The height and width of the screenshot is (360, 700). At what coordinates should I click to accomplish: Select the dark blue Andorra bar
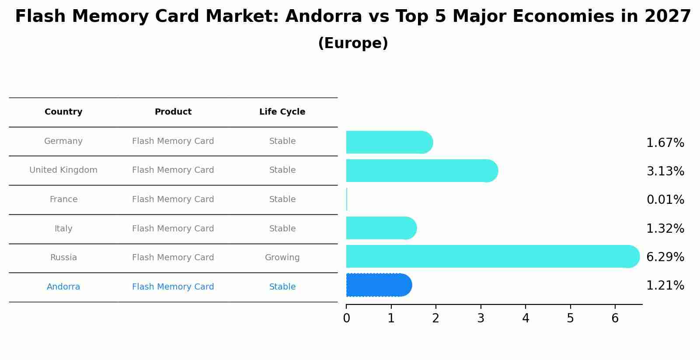[x=378, y=285]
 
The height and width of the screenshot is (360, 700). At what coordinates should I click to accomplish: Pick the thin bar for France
[x=347, y=199]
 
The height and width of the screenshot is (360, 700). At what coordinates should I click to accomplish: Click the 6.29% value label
[x=665, y=257]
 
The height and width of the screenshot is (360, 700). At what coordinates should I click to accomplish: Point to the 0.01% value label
[x=665, y=200]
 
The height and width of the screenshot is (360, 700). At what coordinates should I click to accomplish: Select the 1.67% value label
[x=665, y=143]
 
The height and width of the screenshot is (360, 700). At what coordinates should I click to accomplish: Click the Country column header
[x=63, y=112]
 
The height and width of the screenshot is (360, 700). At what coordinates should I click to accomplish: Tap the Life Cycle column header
[x=282, y=112]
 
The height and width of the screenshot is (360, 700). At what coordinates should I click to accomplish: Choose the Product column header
[x=173, y=112]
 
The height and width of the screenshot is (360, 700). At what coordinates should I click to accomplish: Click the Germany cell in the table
[x=63, y=141]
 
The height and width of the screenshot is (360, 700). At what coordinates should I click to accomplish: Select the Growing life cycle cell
[x=282, y=258]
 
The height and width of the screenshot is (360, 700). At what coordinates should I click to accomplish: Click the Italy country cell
[x=63, y=229]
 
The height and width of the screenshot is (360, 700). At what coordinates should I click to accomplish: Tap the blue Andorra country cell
[x=63, y=287]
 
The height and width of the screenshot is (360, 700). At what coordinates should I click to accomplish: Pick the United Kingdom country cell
[x=63, y=170]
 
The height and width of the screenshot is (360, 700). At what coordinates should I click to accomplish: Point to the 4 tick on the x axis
[x=526, y=318]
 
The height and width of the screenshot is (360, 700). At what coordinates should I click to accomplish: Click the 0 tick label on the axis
[x=346, y=318]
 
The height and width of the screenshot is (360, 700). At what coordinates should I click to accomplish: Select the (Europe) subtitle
[x=353, y=43]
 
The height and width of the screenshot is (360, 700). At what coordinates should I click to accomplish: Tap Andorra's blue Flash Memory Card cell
[x=173, y=287]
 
